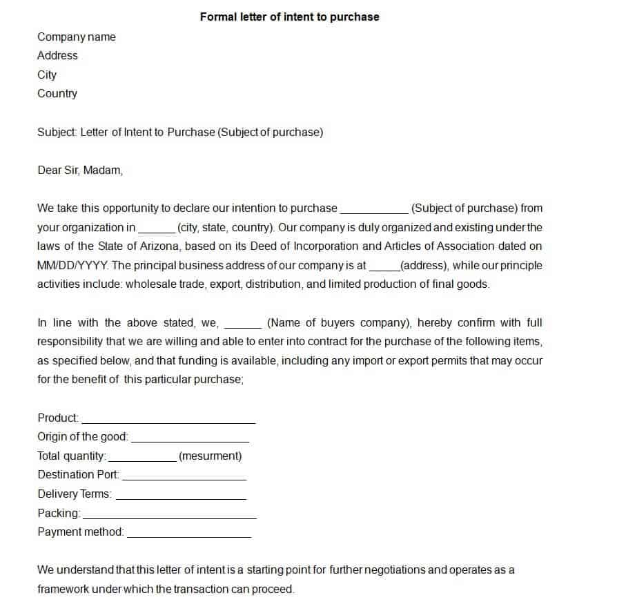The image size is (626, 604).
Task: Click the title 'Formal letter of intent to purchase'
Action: click(x=289, y=17)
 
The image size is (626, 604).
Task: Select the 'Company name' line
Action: click(x=77, y=37)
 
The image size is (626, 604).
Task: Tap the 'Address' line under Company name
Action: click(x=57, y=55)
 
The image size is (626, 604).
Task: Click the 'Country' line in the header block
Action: click(x=57, y=93)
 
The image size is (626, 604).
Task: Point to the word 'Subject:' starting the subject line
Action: click(x=57, y=132)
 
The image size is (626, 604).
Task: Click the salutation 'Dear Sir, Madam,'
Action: click(x=80, y=170)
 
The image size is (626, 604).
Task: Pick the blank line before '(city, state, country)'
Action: click(x=157, y=230)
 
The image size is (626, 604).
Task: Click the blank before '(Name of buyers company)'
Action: click(x=243, y=325)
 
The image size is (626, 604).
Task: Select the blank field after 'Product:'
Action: click(x=168, y=420)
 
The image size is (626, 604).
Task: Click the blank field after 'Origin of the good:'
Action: click(x=190, y=439)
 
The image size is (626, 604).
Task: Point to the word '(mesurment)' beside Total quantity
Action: click(x=210, y=456)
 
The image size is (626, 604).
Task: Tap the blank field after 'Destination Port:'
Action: click(x=184, y=477)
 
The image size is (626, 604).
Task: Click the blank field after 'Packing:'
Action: click(x=169, y=516)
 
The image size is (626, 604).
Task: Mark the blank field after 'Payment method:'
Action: click(x=189, y=534)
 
